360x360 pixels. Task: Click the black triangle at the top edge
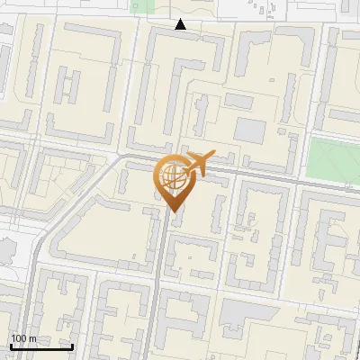coord(181,24)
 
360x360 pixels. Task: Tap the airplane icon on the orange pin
coord(197,163)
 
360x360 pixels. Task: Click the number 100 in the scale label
coord(20,338)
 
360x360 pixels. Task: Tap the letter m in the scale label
coord(33,338)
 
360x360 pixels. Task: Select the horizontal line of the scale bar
coord(41,346)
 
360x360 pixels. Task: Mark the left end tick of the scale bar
coord(11,345)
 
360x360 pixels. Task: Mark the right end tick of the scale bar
coord(72,345)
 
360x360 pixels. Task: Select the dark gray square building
coord(250,130)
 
